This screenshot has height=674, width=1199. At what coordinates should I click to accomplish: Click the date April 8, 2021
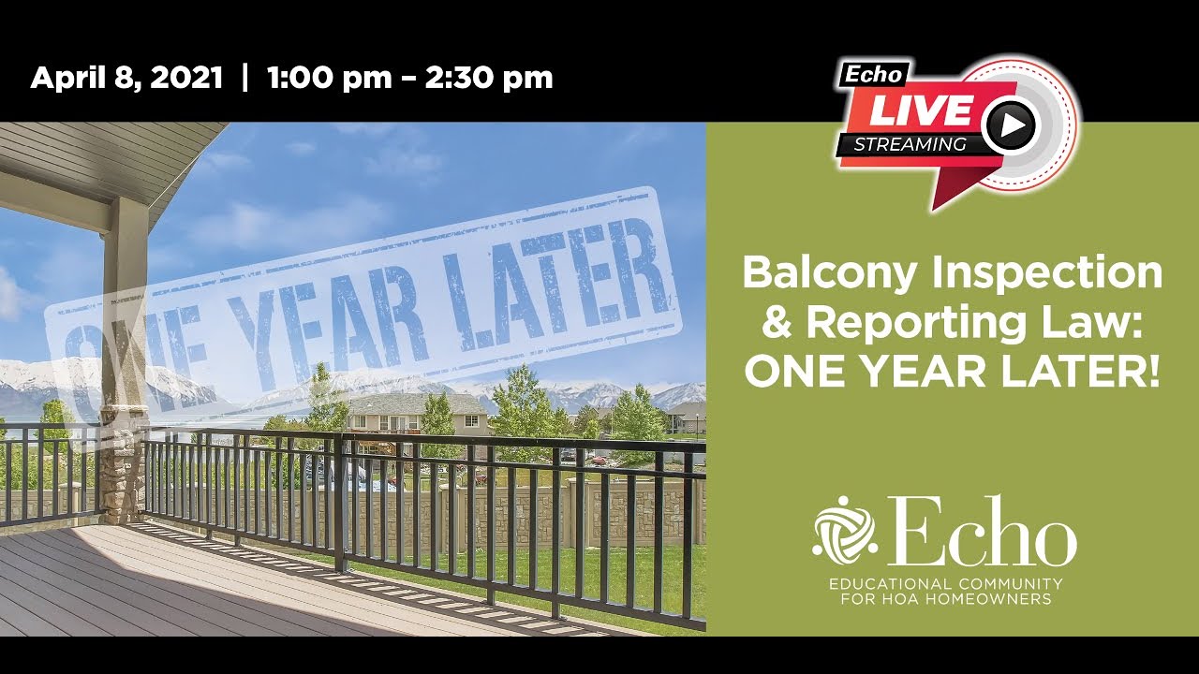click(x=126, y=78)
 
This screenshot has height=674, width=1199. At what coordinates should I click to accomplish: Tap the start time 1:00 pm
click(x=329, y=78)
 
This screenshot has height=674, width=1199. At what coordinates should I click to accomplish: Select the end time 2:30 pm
click(x=489, y=78)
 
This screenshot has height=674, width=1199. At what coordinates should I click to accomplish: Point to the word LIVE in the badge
click(x=922, y=110)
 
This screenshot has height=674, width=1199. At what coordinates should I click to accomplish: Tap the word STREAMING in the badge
click(x=910, y=144)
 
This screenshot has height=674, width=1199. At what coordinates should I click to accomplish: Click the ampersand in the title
click(x=776, y=323)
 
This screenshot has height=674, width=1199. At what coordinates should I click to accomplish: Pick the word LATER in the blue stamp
click(x=553, y=271)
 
